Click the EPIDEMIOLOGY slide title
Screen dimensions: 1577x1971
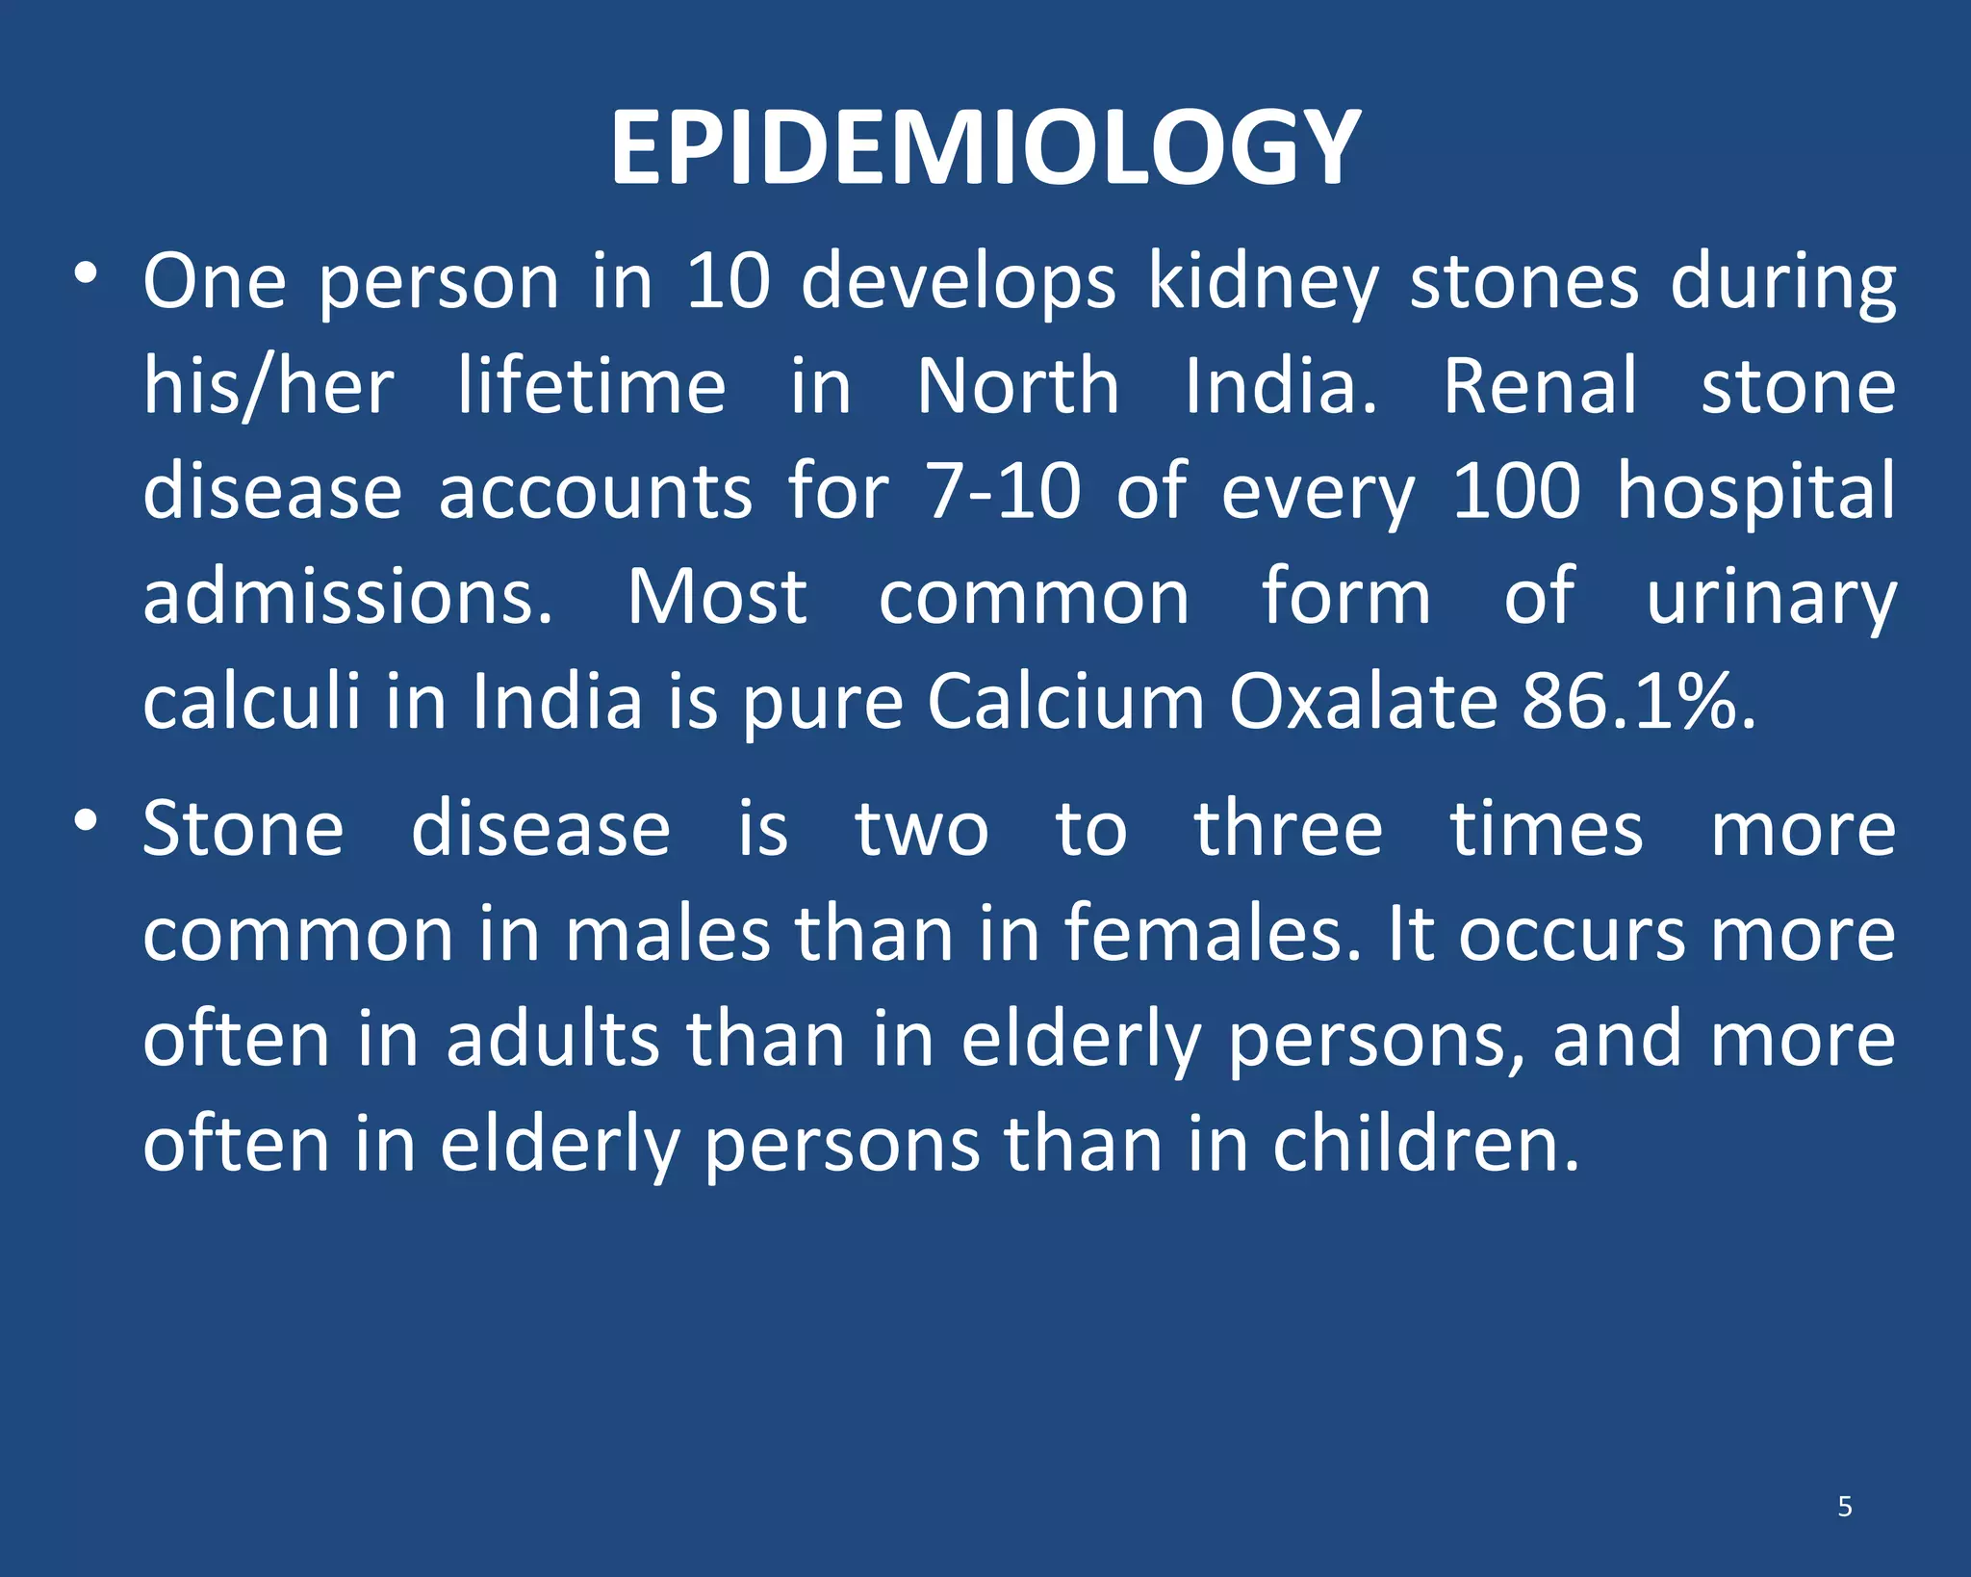point(985,148)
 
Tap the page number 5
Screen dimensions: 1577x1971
point(1844,1506)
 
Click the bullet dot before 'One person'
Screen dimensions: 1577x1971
point(86,274)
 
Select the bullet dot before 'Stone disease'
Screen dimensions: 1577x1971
point(86,820)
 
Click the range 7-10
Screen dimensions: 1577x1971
point(1003,491)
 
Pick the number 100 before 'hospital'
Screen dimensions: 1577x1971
point(1516,491)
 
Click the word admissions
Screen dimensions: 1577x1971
point(348,597)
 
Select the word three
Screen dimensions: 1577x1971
point(1288,829)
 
